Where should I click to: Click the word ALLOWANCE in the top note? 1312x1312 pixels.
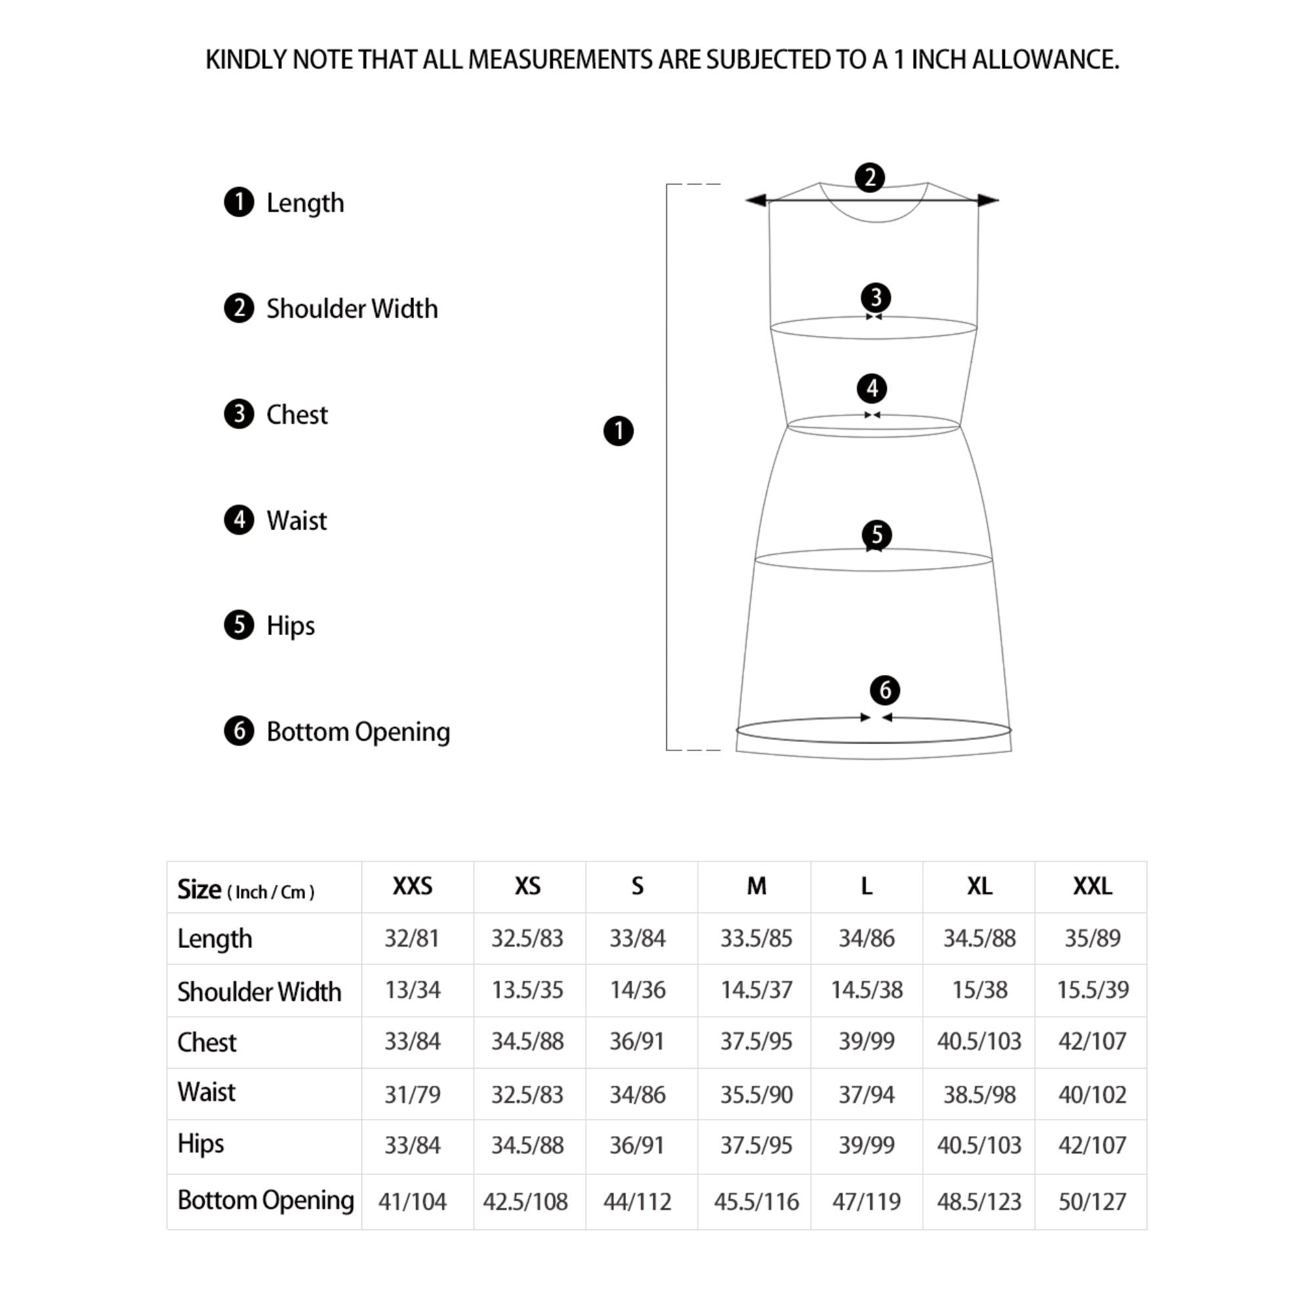(x=1045, y=60)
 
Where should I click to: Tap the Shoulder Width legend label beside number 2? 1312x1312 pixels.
(x=352, y=309)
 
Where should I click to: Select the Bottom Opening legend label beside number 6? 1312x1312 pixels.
(x=358, y=731)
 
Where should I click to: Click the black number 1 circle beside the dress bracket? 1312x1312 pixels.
(x=618, y=431)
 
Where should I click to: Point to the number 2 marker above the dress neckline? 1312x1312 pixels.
(x=869, y=178)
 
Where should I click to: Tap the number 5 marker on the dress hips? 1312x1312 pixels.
(x=876, y=535)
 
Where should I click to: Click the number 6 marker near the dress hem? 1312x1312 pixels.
(x=885, y=691)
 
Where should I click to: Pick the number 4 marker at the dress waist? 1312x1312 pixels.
(x=872, y=388)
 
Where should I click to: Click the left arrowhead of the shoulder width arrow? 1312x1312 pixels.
(x=756, y=199)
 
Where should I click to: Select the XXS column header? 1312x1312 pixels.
(x=412, y=886)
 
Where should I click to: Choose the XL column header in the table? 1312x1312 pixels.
(x=979, y=886)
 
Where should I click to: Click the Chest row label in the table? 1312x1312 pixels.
(x=207, y=1042)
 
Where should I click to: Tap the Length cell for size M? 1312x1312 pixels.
(x=756, y=939)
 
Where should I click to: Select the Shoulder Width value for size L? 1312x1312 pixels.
(x=867, y=990)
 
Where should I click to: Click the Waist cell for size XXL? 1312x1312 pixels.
(x=1092, y=1095)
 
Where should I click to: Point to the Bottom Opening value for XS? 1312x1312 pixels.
(x=525, y=1202)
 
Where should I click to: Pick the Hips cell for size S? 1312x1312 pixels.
(x=637, y=1145)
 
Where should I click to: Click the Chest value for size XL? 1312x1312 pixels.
(x=979, y=1042)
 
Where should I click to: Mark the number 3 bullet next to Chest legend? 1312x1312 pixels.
(x=238, y=414)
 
